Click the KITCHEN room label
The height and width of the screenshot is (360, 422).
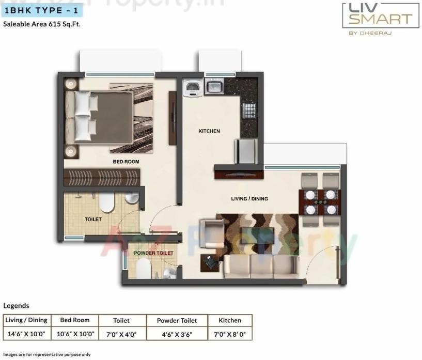tap(209, 131)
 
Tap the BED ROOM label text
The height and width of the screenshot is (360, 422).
tap(126, 162)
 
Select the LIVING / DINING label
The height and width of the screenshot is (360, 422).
tap(249, 198)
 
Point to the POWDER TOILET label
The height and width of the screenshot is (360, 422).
tap(153, 253)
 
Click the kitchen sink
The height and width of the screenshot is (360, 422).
tap(214, 86)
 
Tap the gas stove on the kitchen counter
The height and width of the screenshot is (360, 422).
tap(249, 111)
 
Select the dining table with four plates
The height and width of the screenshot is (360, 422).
tap(319, 202)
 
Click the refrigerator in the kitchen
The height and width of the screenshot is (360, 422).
tap(245, 151)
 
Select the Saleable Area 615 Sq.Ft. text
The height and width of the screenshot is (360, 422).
tap(42, 24)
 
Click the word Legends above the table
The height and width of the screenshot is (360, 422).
tap(16, 306)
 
